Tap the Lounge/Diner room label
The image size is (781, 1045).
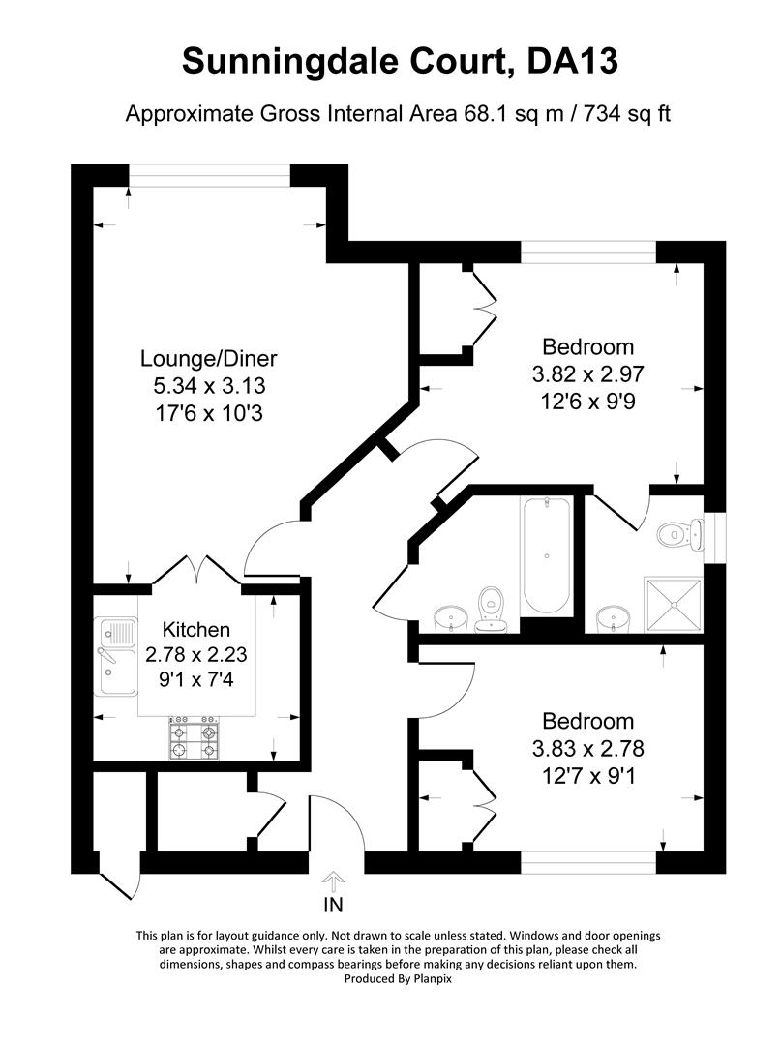(209, 359)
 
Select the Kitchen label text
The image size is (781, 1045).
(196, 629)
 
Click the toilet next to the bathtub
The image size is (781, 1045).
(492, 608)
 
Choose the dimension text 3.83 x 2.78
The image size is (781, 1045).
(587, 747)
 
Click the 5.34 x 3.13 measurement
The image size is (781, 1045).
(209, 385)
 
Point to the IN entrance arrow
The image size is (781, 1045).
(333, 881)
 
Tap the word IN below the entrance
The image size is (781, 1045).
(333, 906)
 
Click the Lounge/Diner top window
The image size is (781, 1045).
(210, 173)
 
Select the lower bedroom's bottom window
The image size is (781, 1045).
(588, 857)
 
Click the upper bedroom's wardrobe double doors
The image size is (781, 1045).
(481, 306)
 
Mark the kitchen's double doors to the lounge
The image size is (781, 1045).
(196, 571)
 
